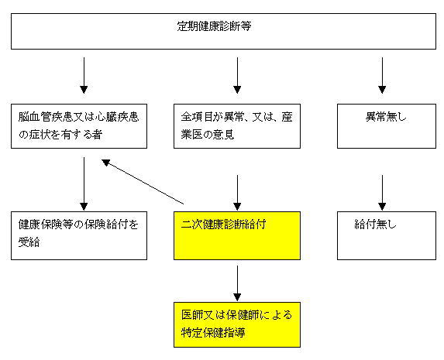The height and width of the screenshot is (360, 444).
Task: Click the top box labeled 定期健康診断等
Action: (x=223, y=31)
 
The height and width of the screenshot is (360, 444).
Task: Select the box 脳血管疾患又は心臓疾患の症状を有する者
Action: (x=79, y=126)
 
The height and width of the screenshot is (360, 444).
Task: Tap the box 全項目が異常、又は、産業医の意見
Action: (x=237, y=126)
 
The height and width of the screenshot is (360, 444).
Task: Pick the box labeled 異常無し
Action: (x=387, y=126)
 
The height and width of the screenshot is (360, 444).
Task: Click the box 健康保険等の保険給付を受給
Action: (x=79, y=235)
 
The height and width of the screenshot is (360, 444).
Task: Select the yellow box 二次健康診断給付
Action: (x=237, y=235)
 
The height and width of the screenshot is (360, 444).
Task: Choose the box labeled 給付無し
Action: (x=387, y=235)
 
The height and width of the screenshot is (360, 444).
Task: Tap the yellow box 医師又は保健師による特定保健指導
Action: (x=237, y=324)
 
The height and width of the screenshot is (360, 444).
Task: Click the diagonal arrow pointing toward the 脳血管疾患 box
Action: (x=143, y=182)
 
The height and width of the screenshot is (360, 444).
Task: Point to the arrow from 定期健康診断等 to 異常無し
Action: (x=382, y=75)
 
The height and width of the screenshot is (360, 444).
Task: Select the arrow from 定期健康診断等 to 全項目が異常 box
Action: (x=237, y=75)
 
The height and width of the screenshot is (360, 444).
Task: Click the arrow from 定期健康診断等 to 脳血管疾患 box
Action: (x=84, y=75)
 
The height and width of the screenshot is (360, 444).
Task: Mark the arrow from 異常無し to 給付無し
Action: (x=382, y=193)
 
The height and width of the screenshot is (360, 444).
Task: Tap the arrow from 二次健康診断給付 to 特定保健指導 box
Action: (x=237, y=283)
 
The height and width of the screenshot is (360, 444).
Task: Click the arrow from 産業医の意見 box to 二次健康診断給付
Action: (x=237, y=193)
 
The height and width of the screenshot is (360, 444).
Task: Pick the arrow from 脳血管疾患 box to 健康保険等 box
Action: (x=84, y=184)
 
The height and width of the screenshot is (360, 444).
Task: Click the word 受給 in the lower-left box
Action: (x=29, y=242)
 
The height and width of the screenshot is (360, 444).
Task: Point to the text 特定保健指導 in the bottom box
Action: (x=213, y=332)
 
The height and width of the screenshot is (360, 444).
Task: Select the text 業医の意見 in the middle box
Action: (x=208, y=134)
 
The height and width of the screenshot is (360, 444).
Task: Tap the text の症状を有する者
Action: (x=60, y=134)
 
